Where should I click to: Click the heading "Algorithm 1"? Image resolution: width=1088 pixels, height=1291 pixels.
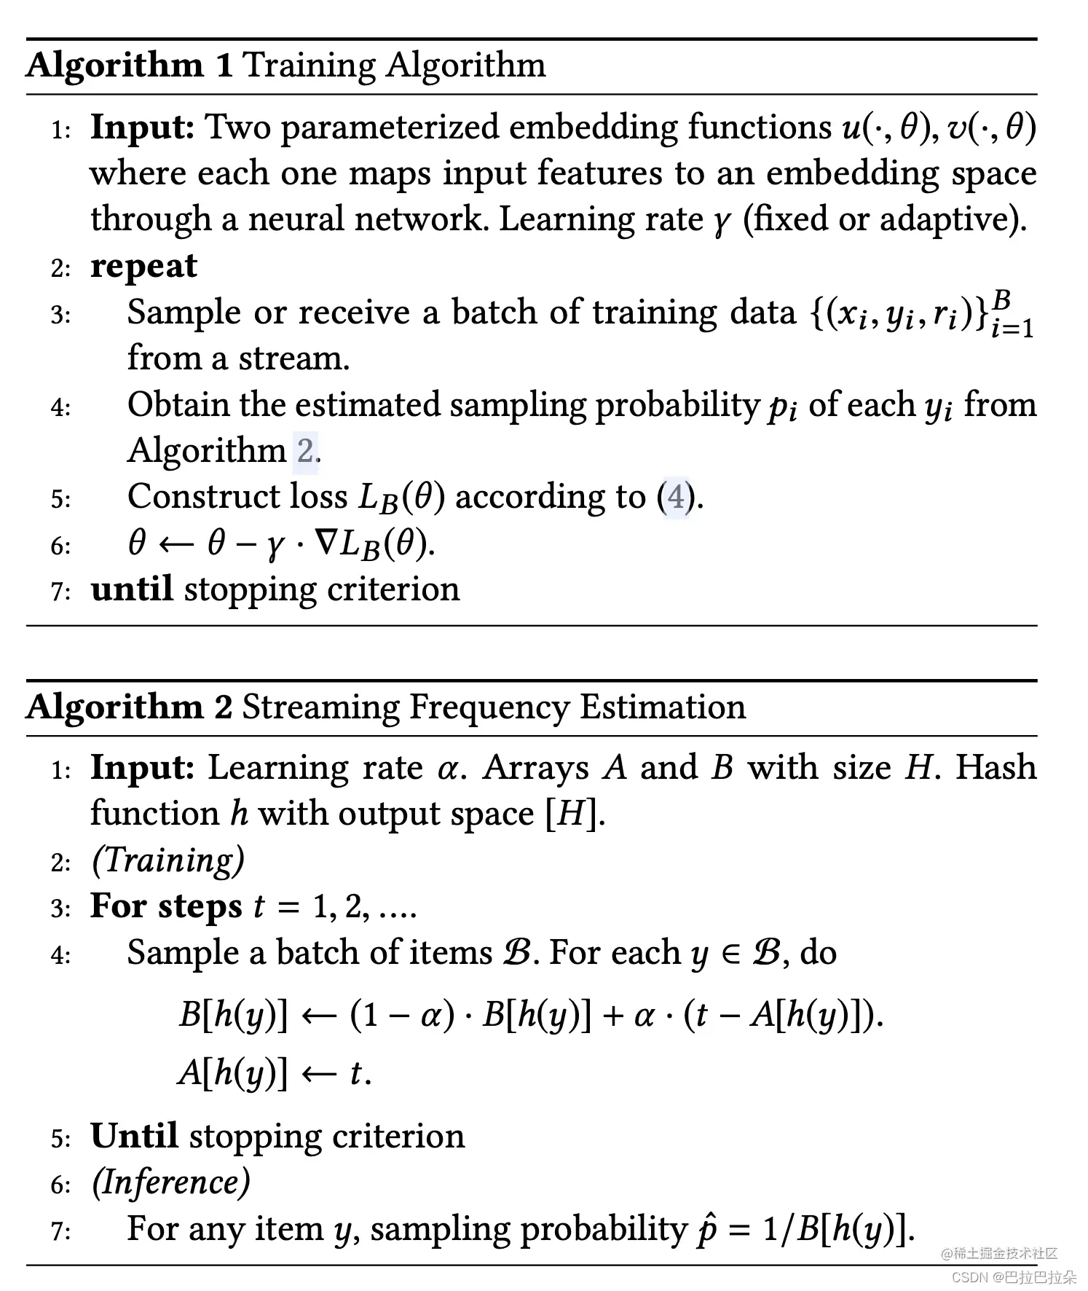(129, 66)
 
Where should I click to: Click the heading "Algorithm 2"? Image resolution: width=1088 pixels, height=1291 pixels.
(129, 707)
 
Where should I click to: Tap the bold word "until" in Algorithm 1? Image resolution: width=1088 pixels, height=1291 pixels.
(132, 589)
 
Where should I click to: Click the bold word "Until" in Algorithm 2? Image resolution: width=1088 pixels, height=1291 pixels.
(134, 1136)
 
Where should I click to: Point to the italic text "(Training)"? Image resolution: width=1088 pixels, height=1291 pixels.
(167, 860)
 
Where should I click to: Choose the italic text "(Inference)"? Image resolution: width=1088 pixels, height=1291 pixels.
(170, 1182)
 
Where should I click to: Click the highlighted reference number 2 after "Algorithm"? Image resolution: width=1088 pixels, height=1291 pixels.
(305, 451)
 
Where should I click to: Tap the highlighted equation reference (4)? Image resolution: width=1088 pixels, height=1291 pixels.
(677, 498)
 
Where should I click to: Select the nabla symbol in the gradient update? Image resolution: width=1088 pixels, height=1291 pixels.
(325, 543)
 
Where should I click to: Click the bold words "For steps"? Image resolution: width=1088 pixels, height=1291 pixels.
(166, 907)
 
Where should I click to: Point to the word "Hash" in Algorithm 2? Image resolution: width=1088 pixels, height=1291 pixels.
(996, 768)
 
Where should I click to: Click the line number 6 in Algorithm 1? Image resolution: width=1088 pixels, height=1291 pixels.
(60, 546)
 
